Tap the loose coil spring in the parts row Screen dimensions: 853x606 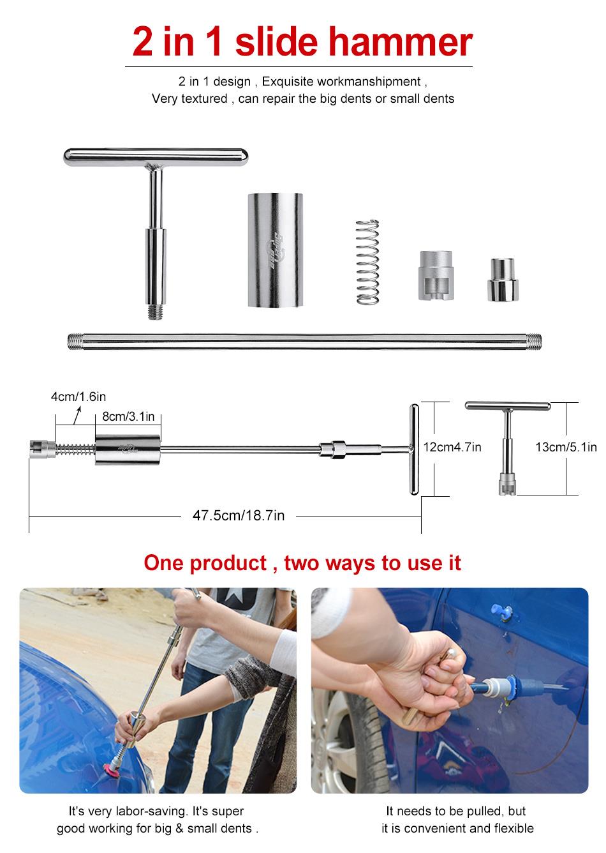[x=368, y=262]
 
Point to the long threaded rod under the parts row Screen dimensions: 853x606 [x=304, y=340]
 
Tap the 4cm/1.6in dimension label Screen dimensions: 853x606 [x=78, y=397]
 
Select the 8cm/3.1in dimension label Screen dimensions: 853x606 [x=129, y=416]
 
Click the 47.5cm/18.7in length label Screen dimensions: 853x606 [x=239, y=515]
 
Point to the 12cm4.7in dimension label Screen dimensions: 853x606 [x=452, y=447]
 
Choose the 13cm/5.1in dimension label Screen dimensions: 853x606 [x=566, y=447]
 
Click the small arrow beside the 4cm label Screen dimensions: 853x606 [x=77, y=416]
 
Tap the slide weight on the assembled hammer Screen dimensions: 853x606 [x=128, y=449]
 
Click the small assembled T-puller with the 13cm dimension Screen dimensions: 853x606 [x=507, y=447]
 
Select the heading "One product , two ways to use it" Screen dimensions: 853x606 [x=302, y=563]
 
